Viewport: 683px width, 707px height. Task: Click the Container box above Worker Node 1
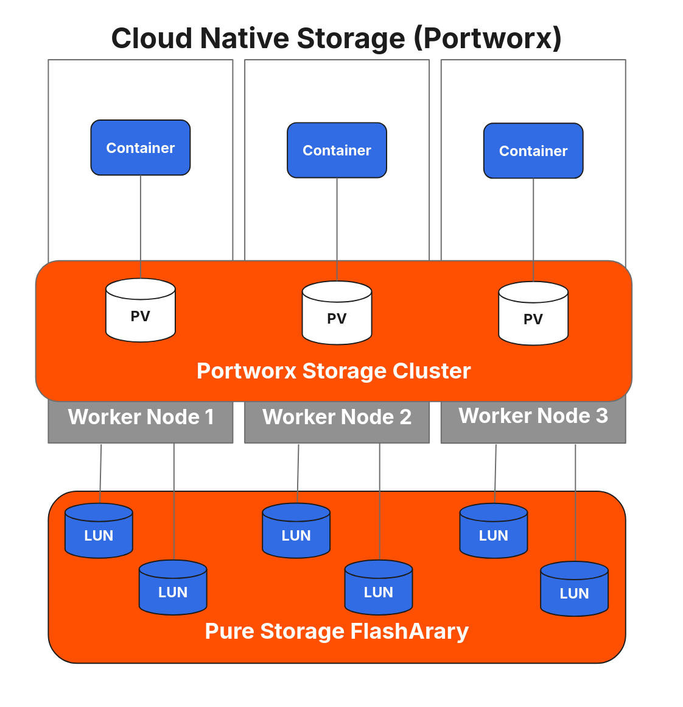click(x=141, y=147)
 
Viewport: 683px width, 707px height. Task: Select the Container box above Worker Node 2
click(x=337, y=150)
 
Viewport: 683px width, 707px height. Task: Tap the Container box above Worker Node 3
click(x=533, y=151)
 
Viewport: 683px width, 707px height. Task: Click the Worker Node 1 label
click(x=141, y=417)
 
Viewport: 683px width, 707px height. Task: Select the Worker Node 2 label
click(x=337, y=417)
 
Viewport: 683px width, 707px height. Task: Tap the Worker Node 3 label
click(x=533, y=416)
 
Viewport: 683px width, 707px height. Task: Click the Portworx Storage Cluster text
click(x=334, y=371)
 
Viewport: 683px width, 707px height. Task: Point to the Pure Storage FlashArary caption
click(x=337, y=631)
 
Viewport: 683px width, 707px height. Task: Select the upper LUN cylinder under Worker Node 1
click(x=99, y=531)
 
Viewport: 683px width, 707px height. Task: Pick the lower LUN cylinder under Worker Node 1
click(x=173, y=588)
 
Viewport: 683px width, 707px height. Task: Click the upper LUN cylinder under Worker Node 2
click(x=296, y=531)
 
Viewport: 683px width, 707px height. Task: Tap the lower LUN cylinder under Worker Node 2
click(x=379, y=588)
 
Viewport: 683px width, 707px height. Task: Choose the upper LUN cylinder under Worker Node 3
click(x=494, y=531)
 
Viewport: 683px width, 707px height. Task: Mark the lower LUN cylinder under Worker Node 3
click(x=574, y=589)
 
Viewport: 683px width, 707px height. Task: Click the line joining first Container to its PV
click(x=141, y=226)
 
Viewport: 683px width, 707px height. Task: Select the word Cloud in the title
click(x=152, y=38)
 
